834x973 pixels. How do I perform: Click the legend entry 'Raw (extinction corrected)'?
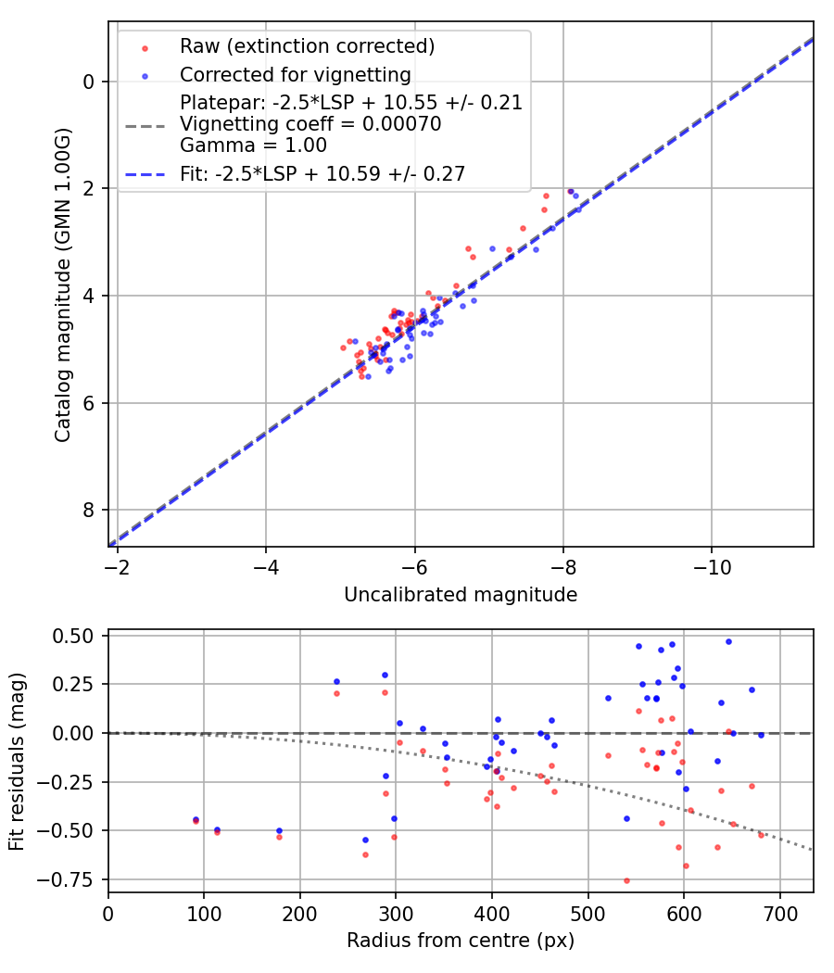point(307,46)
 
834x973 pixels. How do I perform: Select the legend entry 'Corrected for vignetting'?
point(295,74)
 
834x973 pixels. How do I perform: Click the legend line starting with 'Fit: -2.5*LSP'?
point(322,172)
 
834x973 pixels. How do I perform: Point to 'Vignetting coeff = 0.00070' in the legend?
point(310,124)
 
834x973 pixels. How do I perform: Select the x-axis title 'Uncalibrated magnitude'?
point(461,595)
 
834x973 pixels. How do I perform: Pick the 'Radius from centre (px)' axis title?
point(461,941)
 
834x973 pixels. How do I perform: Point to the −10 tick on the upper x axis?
point(712,565)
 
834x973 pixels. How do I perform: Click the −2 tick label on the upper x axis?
point(118,565)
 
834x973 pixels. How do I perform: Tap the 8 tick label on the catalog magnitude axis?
point(89,511)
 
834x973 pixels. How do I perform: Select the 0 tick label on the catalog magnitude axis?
point(89,82)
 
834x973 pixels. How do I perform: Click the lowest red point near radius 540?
point(626,880)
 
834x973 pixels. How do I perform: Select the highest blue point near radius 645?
point(728,641)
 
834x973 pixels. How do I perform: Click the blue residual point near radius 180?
point(279,830)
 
